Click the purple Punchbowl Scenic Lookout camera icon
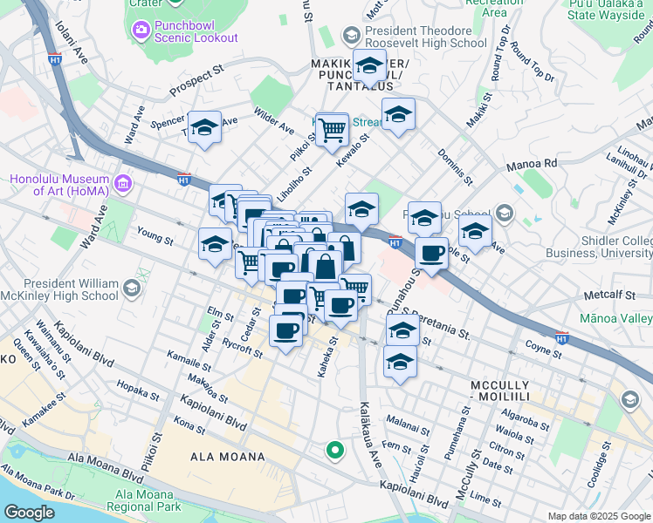pyautogui.click(x=141, y=31)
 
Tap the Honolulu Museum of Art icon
pyautogui.click(x=122, y=184)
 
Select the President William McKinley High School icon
pyautogui.click(x=131, y=288)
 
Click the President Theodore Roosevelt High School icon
pyautogui.click(x=351, y=36)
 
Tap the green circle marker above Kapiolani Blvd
pyautogui.click(x=333, y=450)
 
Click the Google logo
pyautogui.click(x=30, y=513)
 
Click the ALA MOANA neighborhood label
pyautogui.click(x=228, y=457)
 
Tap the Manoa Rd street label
pyautogui.click(x=532, y=164)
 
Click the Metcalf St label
pyautogui.click(x=611, y=295)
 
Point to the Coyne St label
pyautogui.click(x=544, y=350)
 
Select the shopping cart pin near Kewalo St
pyautogui.click(x=332, y=131)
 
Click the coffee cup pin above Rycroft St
pyautogui.click(x=285, y=331)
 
